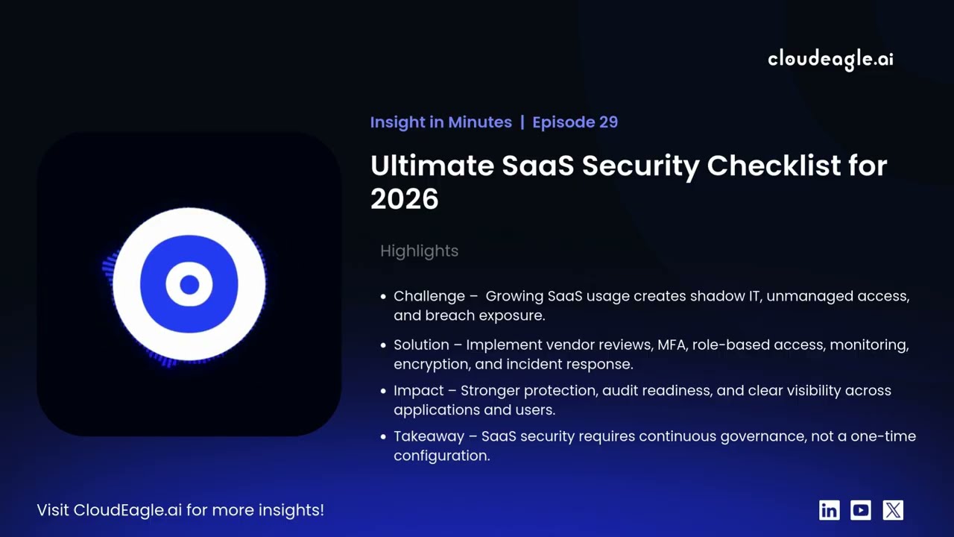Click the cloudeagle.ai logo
point(830,59)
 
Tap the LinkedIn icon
point(829,510)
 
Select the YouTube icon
point(861,510)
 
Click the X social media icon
point(893,510)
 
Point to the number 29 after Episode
point(608,122)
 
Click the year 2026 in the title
point(404,199)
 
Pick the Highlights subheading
point(419,251)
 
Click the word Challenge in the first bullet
point(429,297)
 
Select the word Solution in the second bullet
point(421,345)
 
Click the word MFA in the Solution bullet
point(672,345)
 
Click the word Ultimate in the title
point(432,166)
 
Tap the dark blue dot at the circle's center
point(189,284)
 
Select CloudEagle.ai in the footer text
point(127,510)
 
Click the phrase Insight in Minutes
point(440,122)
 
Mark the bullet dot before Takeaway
point(384,437)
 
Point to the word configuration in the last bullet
point(441,456)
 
